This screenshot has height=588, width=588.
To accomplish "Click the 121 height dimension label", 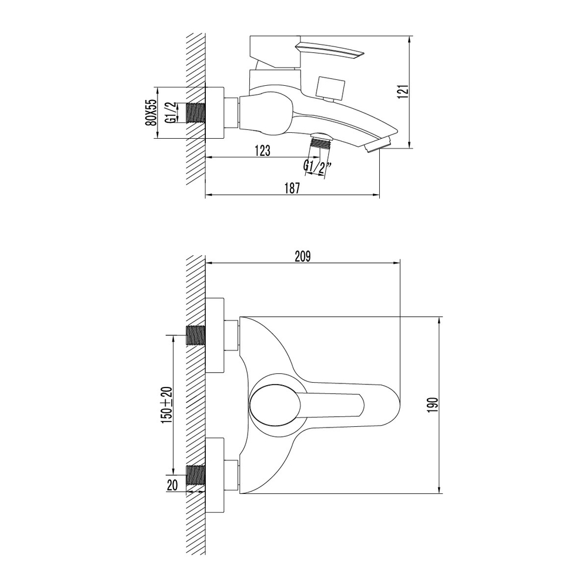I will [403, 92].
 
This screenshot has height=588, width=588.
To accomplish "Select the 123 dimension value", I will [263, 151].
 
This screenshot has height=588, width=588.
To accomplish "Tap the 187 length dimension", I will [292, 189].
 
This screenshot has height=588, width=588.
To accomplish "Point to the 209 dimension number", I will [302, 256].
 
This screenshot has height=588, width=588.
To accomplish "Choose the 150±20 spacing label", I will [167, 404].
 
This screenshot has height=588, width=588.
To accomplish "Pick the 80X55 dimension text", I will [151, 112].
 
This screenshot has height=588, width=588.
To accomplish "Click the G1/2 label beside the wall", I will [171, 113].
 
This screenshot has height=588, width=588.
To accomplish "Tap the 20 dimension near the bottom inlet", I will [172, 485].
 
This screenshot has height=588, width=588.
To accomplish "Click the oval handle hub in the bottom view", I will [274, 406].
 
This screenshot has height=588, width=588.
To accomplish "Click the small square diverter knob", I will [328, 88].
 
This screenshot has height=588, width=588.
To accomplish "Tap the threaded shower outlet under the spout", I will [320, 141].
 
